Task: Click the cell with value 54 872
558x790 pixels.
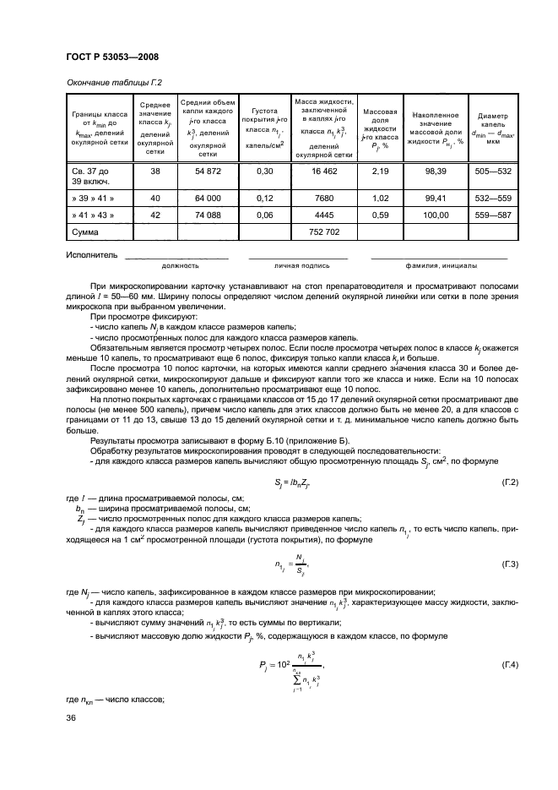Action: [x=207, y=171]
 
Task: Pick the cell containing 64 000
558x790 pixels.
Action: [x=207, y=199]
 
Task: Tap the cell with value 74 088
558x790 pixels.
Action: [x=207, y=214]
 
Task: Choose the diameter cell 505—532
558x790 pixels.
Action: [x=492, y=171]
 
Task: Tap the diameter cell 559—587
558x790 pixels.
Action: [x=492, y=214]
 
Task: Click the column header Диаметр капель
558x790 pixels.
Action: [x=492, y=128]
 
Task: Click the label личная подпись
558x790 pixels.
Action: [x=298, y=264]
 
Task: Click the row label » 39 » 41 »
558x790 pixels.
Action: [x=92, y=199]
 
